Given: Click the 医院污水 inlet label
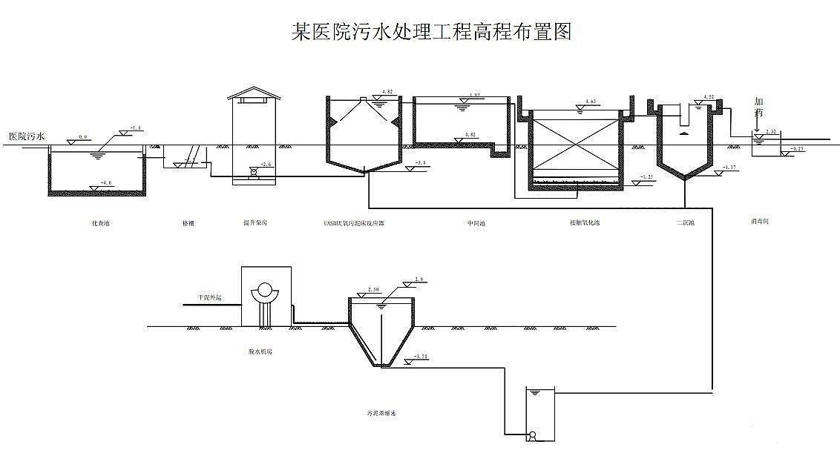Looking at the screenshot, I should [x=27, y=136].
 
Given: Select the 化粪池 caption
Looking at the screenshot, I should [x=100, y=222].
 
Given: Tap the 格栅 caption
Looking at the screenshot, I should [x=188, y=222].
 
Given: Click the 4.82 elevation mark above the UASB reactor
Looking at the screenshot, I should [x=387, y=92].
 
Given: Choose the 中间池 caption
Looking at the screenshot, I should [x=476, y=222].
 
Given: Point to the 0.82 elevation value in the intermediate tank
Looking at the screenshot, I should [x=470, y=134].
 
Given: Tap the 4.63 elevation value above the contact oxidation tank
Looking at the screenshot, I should [x=591, y=101].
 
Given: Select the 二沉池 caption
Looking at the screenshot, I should [x=684, y=222].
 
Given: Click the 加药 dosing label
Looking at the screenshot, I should [x=758, y=107].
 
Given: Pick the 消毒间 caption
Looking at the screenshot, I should [x=760, y=221].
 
